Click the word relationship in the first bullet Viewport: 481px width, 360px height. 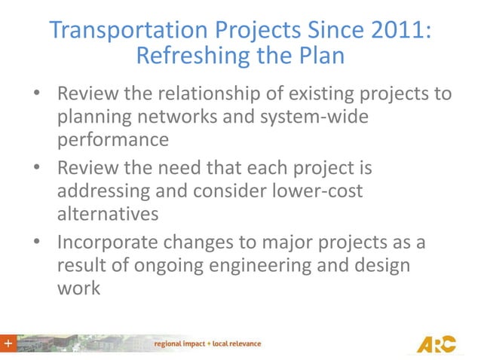tap(205, 96)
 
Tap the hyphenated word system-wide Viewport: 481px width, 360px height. tap(335, 119)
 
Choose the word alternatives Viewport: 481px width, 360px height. tap(108, 213)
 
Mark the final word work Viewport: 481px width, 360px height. tap(78, 287)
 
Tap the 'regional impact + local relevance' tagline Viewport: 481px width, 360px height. tap(207, 343)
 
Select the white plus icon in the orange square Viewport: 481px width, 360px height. tap(8, 343)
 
